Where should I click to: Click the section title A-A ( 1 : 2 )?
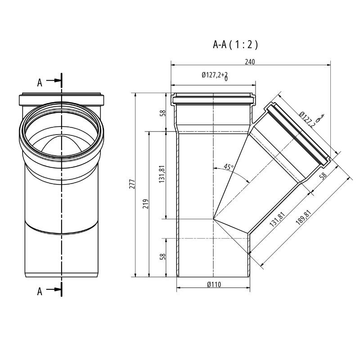(235, 45)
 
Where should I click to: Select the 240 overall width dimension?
(250, 62)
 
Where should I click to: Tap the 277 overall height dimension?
(132, 184)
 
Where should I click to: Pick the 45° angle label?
(229, 167)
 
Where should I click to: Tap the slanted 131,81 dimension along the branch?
(278, 219)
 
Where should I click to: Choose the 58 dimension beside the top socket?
(163, 112)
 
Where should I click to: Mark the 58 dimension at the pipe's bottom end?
(163, 256)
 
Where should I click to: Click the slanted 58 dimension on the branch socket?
(322, 177)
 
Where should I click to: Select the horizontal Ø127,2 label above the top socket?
(212, 75)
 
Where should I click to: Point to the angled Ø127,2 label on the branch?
(308, 119)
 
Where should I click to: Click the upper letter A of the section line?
(40, 82)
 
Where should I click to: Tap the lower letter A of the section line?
(40, 292)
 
